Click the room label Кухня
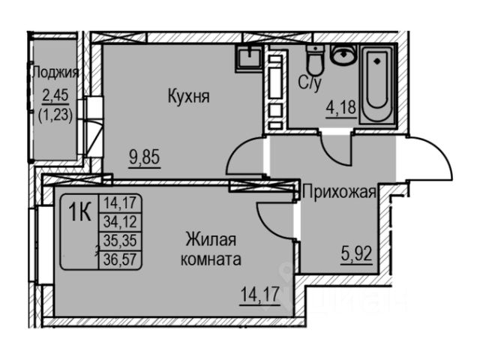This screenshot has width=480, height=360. [188, 97]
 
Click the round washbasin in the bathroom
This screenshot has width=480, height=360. [344, 55]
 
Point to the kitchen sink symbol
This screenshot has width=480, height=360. [246, 57]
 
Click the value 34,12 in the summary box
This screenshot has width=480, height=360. [120, 219]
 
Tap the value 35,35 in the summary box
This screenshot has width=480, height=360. [120, 239]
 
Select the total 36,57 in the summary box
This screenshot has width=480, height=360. [120, 257]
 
